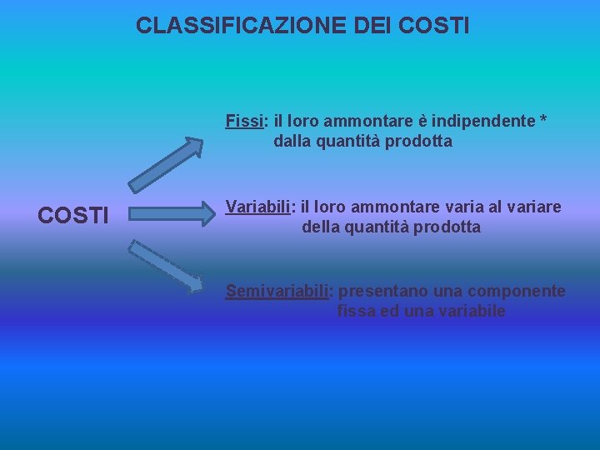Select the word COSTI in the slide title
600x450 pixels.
[x=434, y=26]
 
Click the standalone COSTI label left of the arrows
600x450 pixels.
[x=73, y=216]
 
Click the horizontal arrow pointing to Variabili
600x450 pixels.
[x=171, y=214]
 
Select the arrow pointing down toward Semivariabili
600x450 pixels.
[x=166, y=266]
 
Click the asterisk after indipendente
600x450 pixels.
[x=543, y=121]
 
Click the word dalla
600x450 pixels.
[x=292, y=141]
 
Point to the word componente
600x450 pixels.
[x=516, y=291]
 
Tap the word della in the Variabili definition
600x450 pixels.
[x=321, y=227]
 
